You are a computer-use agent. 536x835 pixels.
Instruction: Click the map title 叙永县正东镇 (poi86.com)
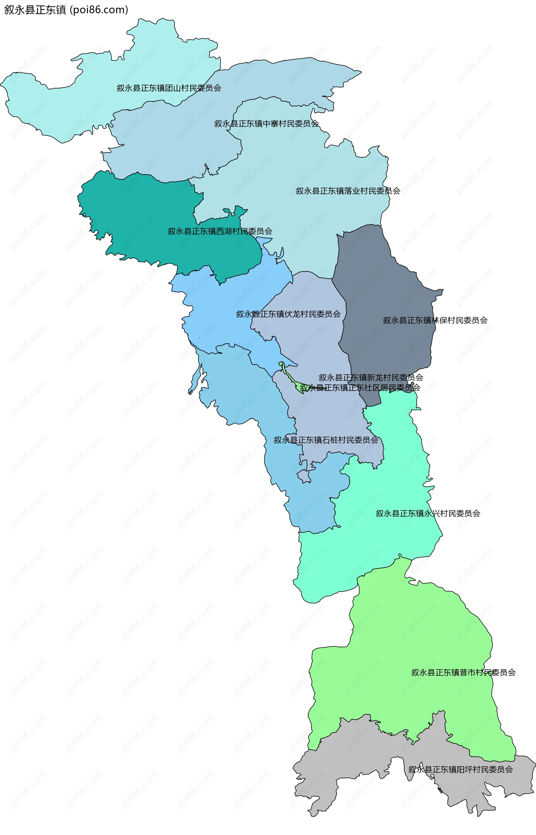tap(66, 10)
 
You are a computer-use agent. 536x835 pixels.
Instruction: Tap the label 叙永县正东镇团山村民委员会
tap(169, 88)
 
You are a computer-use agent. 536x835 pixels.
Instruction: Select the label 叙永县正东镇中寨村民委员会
tap(266, 124)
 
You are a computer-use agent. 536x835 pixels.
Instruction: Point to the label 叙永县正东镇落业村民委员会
tap(348, 191)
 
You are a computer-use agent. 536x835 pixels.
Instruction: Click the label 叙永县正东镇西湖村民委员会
tap(220, 231)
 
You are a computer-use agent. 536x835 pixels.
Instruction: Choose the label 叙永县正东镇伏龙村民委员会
tap(288, 314)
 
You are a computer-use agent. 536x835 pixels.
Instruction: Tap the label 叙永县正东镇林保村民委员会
tap(435, 320)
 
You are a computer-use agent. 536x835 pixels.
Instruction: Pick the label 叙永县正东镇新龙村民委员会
tap(371, 377)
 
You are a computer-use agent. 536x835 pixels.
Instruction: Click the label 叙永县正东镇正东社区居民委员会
tap(360, 388)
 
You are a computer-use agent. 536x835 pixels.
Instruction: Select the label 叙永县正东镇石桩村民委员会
tap(326, 440)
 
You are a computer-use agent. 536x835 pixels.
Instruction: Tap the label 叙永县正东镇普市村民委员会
tap(463, 672)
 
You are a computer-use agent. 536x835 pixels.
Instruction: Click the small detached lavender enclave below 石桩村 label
tap(304, 477)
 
